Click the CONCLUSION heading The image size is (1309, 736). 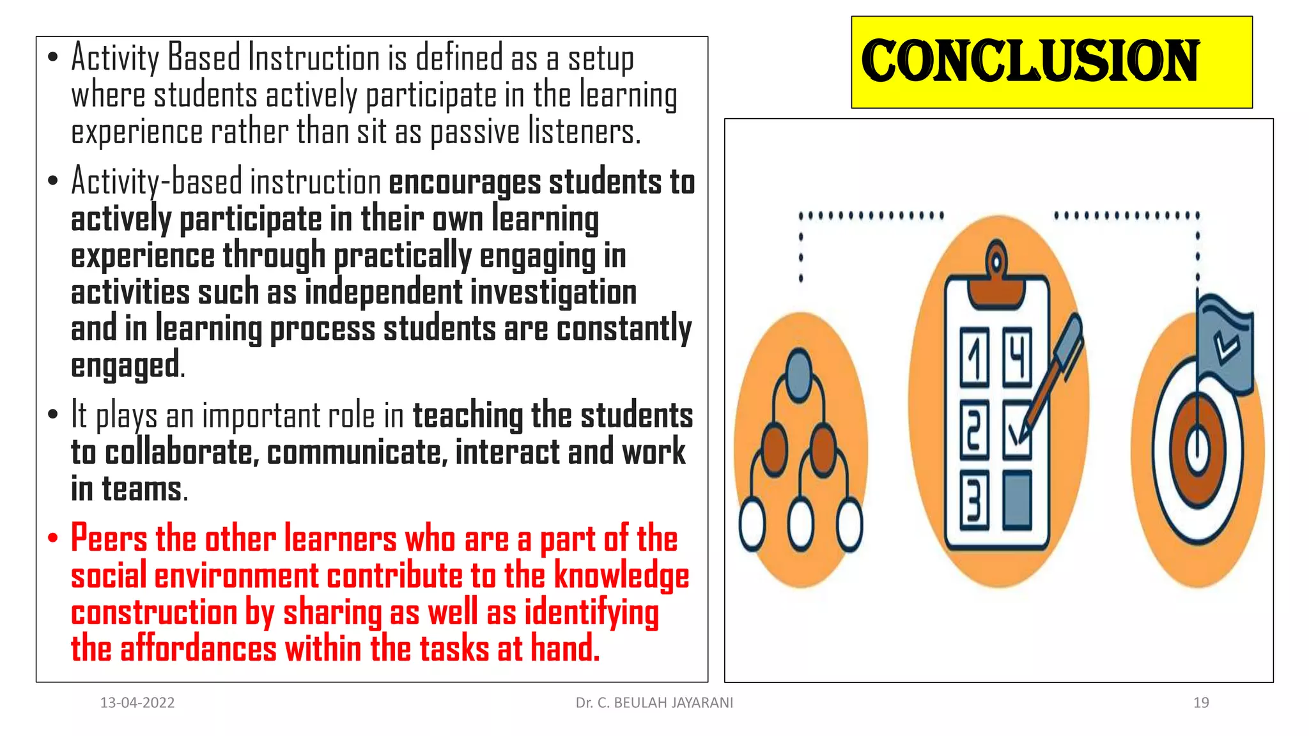click(1030, 61)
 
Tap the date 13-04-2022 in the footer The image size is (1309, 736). click(137, 703)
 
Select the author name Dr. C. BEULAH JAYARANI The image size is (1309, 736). click(654, 703)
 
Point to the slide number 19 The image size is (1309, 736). click(1201, 703)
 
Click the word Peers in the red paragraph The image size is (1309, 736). click(109, 538)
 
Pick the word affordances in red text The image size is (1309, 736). click(198, 649)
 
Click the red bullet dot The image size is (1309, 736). click(53, 538)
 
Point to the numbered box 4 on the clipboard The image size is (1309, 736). click(1017, 358)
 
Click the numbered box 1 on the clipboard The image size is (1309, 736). click(975, 358)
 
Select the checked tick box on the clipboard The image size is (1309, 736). click(1016, 430)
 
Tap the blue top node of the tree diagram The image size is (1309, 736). click(799, 371)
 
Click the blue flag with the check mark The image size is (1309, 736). click(1225, 345)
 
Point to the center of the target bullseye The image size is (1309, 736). click(1198, 447)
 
